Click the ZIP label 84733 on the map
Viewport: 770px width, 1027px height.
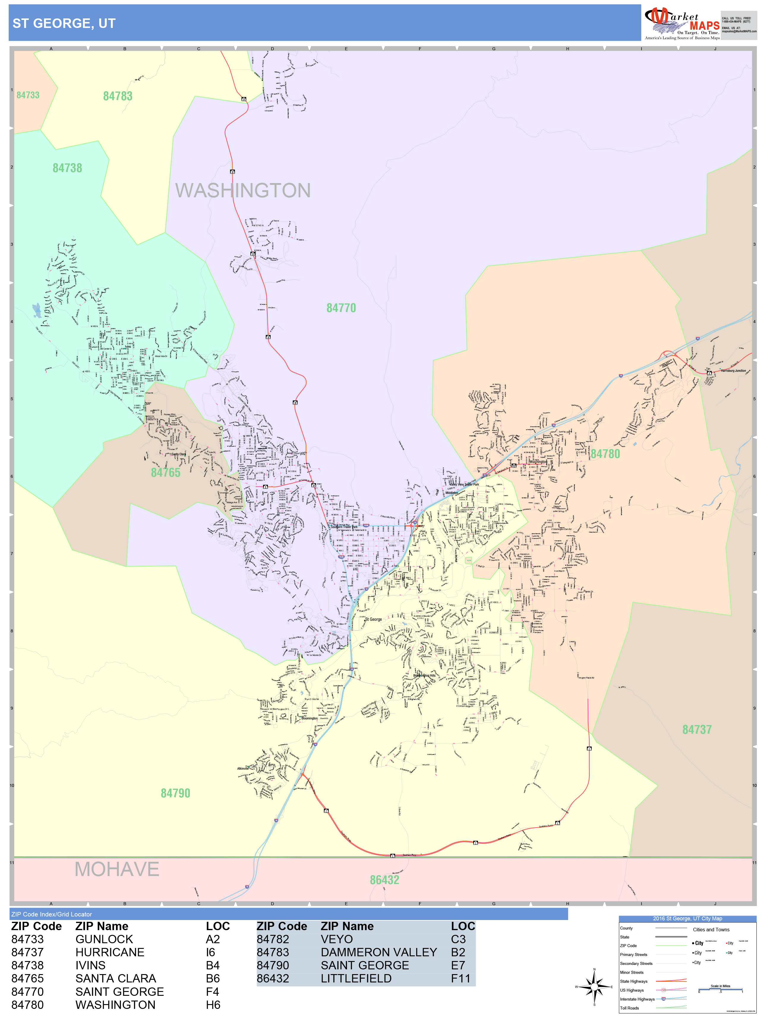tap(28, 95)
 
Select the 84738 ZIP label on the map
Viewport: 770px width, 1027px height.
tap(67, 168)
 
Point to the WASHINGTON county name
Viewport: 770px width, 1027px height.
tap(243, 190)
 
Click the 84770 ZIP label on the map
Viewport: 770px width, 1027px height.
tap(341, 308)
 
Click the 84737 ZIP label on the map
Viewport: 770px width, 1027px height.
tap(697, 730)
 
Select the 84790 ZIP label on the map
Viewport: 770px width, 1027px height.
tap(176, 793)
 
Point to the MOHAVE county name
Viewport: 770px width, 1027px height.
tap(117, 869)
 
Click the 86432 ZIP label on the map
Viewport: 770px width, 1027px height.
tap(384, 880)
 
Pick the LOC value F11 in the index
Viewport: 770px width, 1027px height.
tap(460, 979)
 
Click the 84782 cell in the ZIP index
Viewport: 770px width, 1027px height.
tap(273, 939)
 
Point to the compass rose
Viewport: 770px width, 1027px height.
tap(594, 987)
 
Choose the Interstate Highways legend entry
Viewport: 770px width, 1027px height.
tap(637, 999)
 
